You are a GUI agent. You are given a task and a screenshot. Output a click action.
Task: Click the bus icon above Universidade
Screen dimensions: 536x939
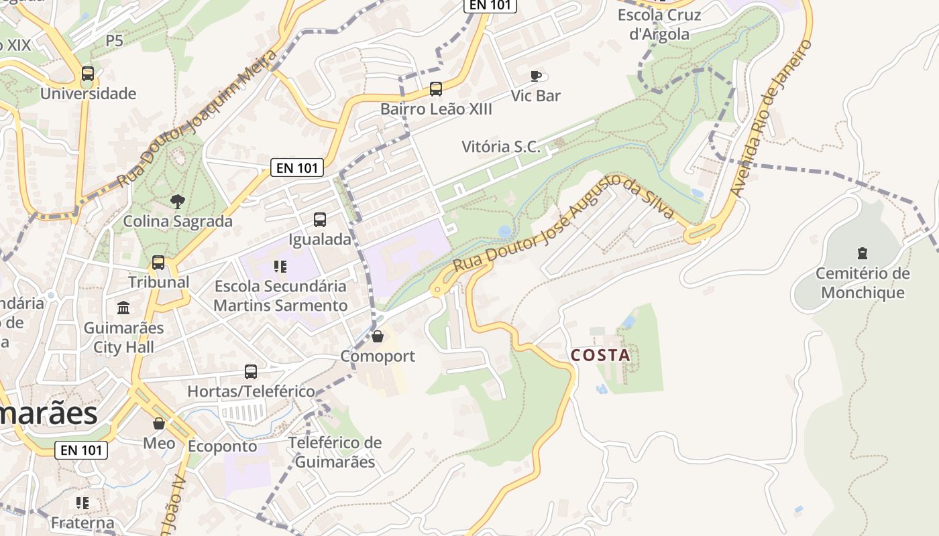88,74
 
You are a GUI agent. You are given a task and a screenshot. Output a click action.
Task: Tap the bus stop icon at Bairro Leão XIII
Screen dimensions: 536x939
436,88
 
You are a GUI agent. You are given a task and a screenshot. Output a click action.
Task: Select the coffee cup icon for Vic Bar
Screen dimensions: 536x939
535,76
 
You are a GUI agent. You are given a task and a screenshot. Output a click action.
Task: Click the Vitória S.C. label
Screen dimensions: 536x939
501,147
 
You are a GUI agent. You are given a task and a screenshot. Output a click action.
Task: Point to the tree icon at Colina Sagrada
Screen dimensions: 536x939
178,200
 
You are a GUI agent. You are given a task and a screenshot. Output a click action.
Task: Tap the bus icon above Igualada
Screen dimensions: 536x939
320,219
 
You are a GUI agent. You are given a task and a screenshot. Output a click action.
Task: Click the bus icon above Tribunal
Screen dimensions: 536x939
158,263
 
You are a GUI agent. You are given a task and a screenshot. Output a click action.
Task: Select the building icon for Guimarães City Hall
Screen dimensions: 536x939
124,308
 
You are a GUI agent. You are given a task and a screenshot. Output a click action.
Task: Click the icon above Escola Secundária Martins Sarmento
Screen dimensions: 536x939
280,267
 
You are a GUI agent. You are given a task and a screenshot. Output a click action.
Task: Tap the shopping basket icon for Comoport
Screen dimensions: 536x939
378,336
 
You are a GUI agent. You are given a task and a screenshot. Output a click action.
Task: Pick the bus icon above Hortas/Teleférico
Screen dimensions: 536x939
251,371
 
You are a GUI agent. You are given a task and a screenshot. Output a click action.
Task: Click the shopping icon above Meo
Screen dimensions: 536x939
159,423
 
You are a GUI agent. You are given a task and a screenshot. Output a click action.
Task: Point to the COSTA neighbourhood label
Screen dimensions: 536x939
600,356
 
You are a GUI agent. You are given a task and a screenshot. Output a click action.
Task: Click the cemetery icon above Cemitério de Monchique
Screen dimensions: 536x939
863,253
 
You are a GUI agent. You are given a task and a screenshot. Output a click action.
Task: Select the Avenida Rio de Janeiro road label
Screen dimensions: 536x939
771,119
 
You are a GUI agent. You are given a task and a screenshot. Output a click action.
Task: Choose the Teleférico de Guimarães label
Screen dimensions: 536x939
335,452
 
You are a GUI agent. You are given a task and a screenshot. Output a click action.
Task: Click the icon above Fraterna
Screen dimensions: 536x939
82,503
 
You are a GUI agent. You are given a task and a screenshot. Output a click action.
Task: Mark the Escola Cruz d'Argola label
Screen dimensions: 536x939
659,24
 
